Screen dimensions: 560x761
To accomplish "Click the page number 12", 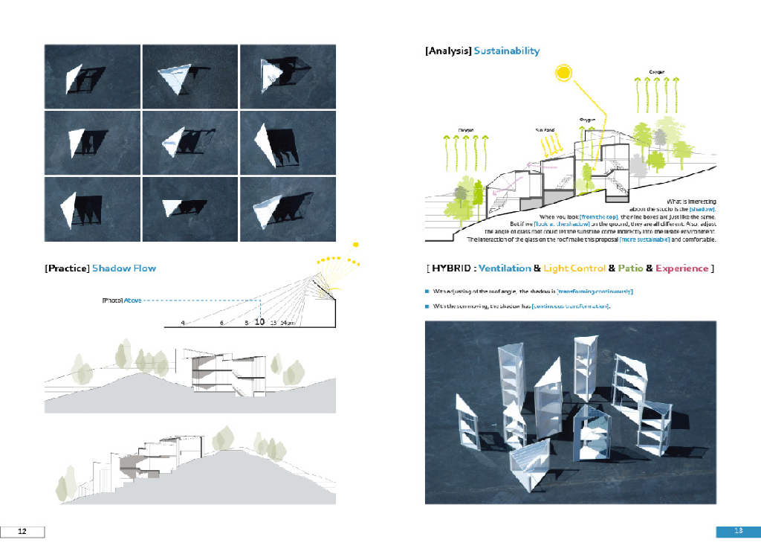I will [22, 531].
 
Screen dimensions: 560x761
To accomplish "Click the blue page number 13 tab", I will [739, 531].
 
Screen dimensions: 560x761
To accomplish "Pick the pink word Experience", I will [681, 268].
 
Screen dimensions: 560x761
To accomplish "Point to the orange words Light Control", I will [574, 268].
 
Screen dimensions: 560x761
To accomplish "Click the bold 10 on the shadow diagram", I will [259, 323].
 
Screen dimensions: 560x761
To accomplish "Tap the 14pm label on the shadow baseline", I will [288, 324].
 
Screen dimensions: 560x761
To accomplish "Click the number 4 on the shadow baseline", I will [182, 324].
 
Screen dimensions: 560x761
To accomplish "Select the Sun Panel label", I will [545, 129].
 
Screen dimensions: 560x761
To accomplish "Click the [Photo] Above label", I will [121, 300].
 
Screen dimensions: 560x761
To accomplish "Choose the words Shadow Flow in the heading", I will [124, 268].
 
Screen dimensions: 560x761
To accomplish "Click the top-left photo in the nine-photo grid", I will [92, 77].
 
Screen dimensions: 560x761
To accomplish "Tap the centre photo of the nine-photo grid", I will [190, 143].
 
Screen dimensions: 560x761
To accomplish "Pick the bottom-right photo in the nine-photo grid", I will [288, 208].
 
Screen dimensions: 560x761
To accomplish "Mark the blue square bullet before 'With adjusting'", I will [427, 292].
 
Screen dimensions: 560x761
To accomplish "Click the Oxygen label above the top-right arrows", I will [656, 72].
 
